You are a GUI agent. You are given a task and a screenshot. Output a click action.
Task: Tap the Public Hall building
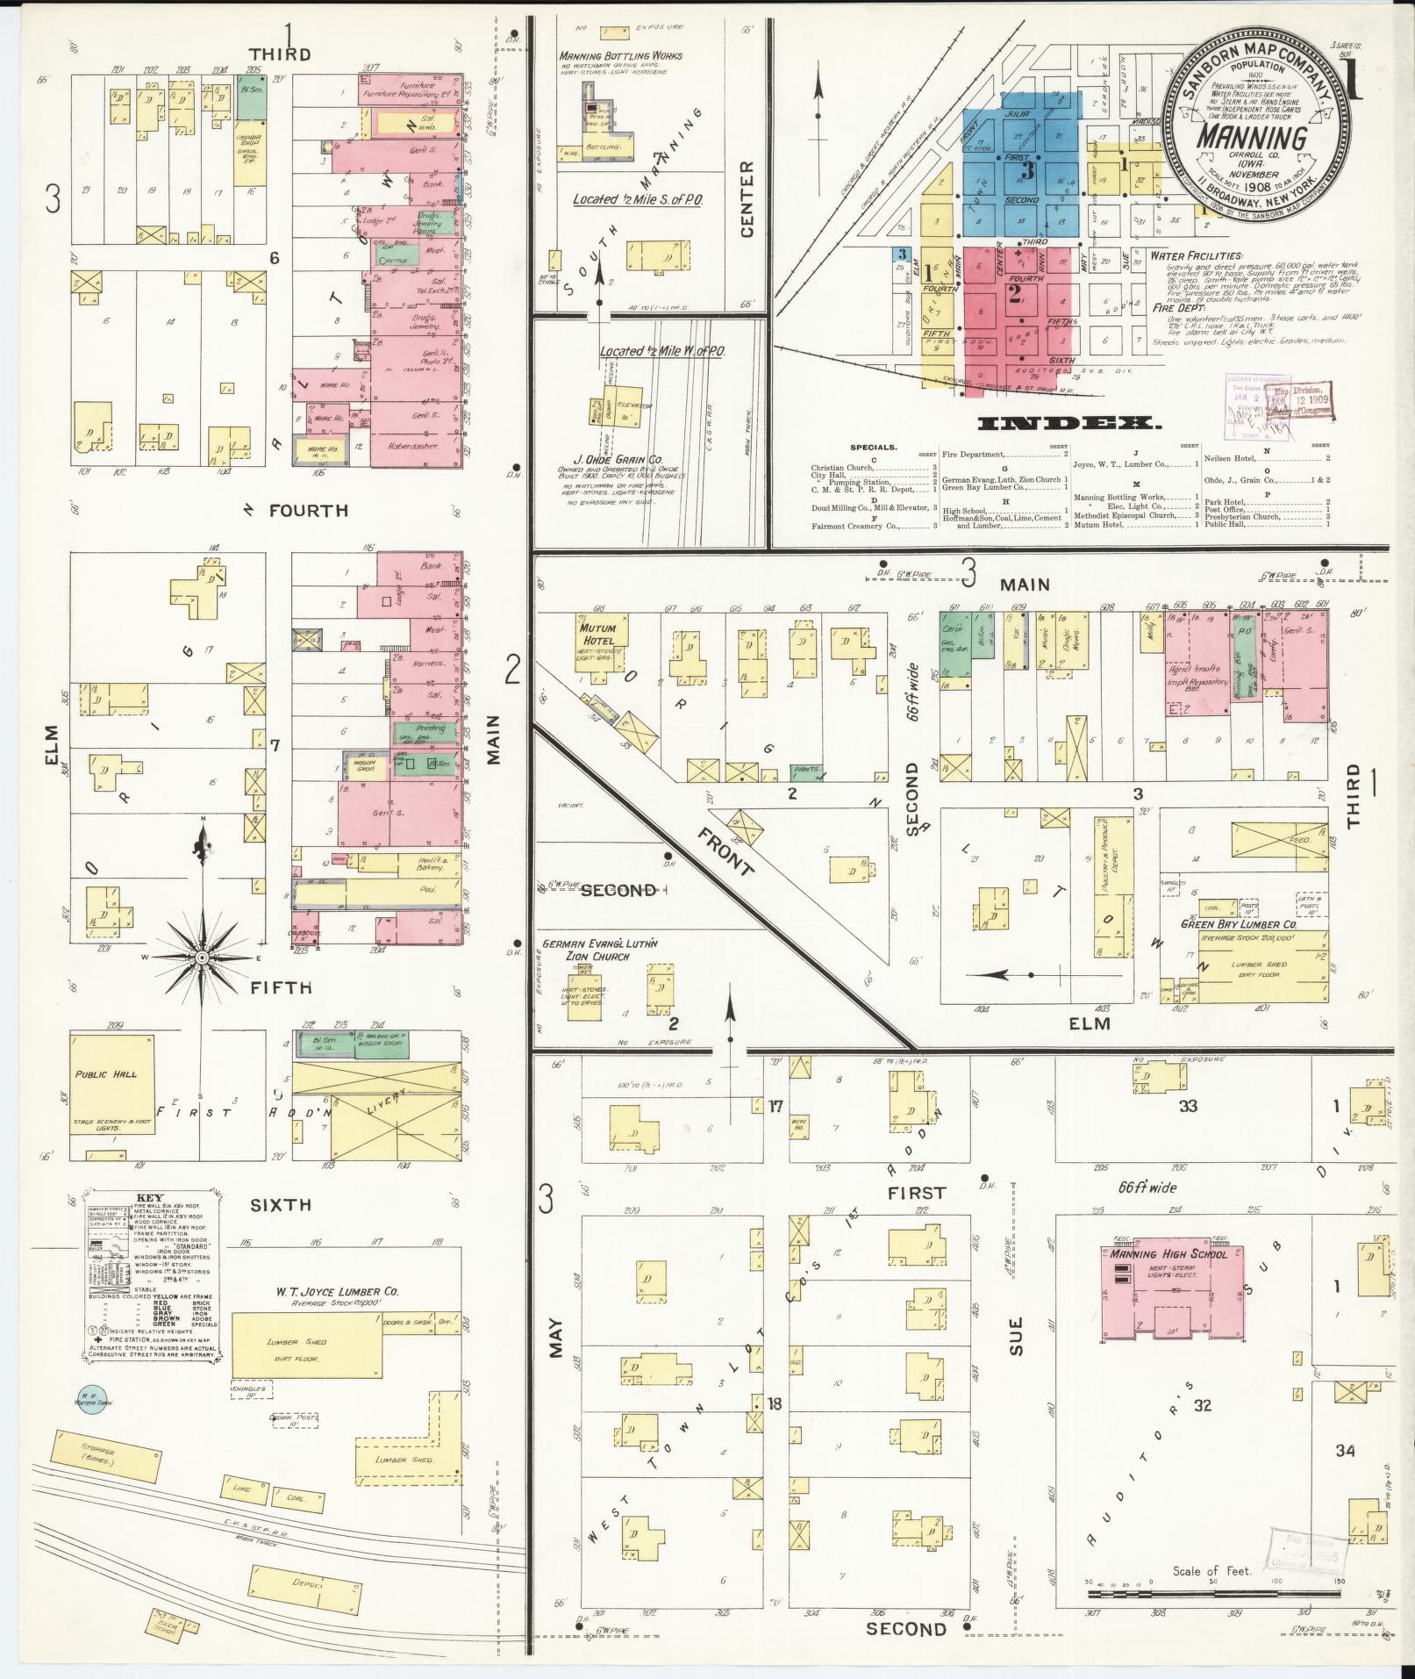[114, 1085]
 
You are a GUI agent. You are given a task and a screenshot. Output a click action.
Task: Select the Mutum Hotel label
[597, 634]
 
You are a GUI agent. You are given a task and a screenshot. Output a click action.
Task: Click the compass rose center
[202, 957]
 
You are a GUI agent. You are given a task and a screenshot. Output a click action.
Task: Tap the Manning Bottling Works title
[620, 56]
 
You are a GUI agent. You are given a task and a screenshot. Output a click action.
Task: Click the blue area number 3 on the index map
[1028, 171]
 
